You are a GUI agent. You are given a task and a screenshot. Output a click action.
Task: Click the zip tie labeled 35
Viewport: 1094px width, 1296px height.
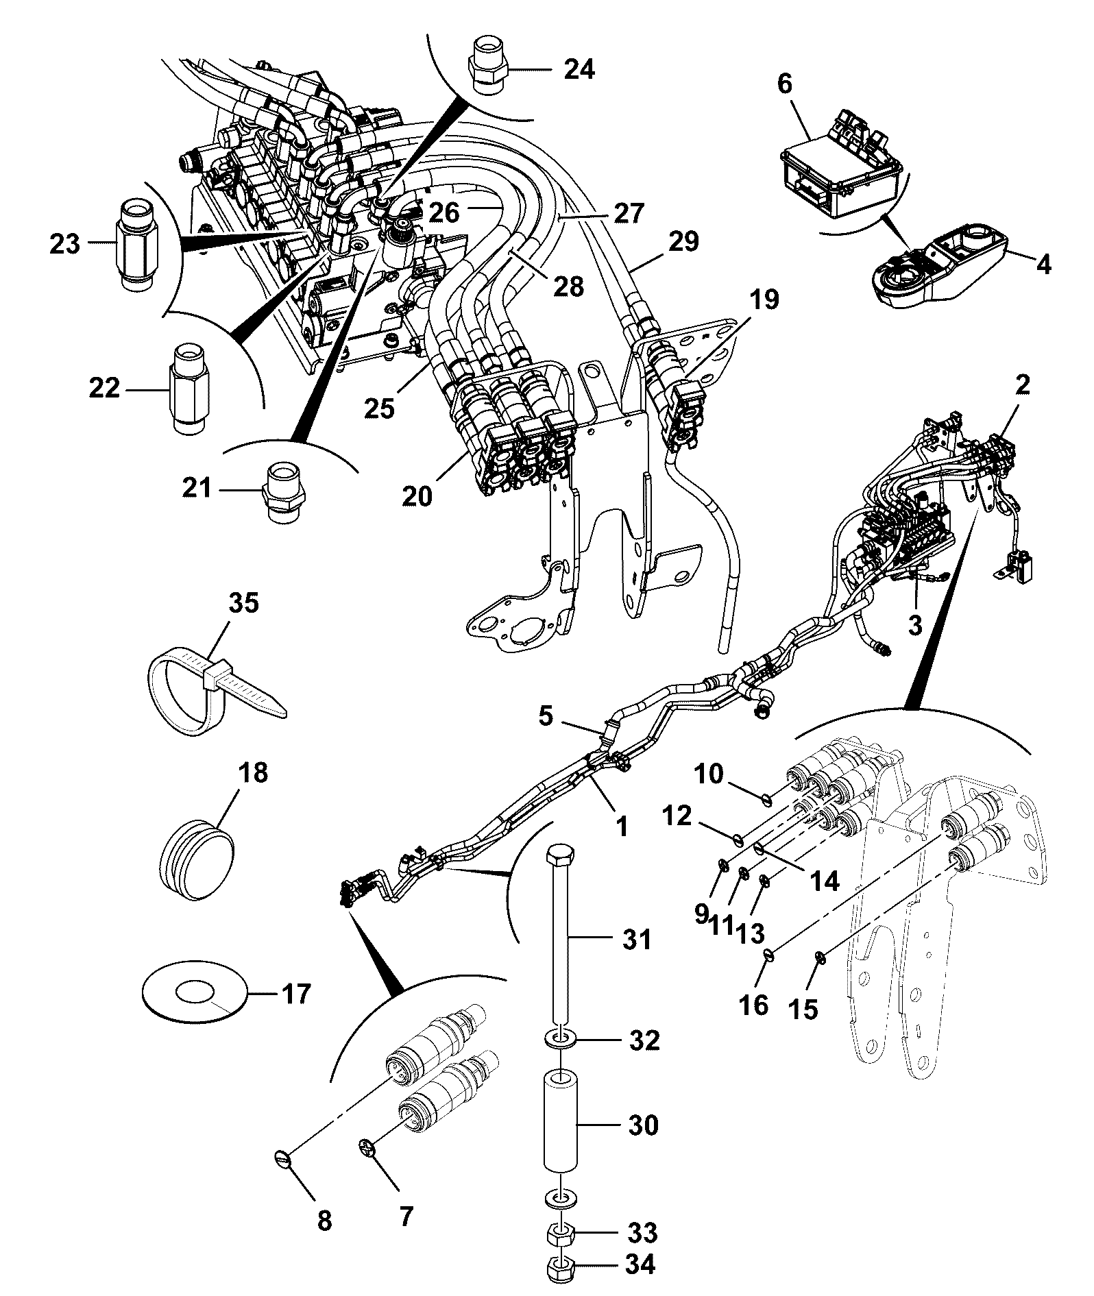click(206, 692)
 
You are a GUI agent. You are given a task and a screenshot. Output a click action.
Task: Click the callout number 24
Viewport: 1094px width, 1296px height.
click(579, 69)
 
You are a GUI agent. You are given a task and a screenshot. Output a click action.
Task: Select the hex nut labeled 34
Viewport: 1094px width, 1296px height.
click(562, 1270)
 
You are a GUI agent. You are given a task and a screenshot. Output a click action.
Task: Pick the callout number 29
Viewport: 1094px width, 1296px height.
click(683, 241)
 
